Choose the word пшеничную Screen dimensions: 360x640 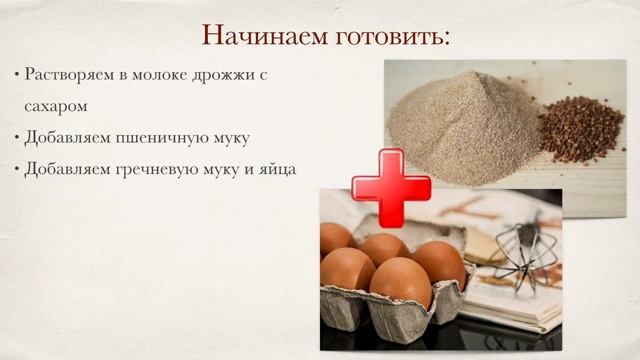(x=159, y=137)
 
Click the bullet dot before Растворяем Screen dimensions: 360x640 (x=17, y=75)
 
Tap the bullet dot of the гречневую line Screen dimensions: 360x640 (x=17, y=169)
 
